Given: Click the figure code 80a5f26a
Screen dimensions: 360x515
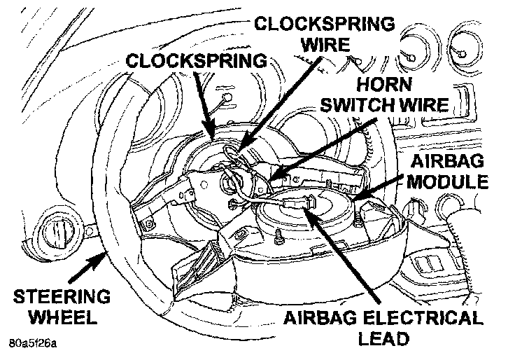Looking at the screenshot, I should click(x=34, y=346).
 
